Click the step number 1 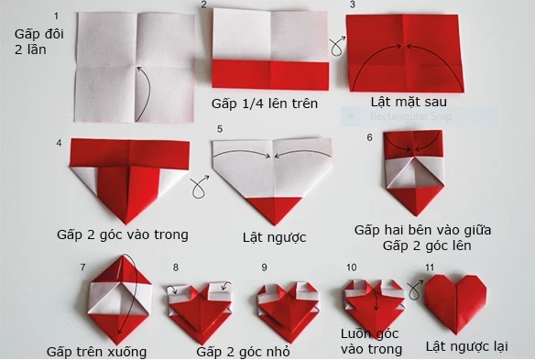click(57, 16)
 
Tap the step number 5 click(220, 129)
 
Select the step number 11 click(431, 266)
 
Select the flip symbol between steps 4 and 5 click(196, 191)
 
